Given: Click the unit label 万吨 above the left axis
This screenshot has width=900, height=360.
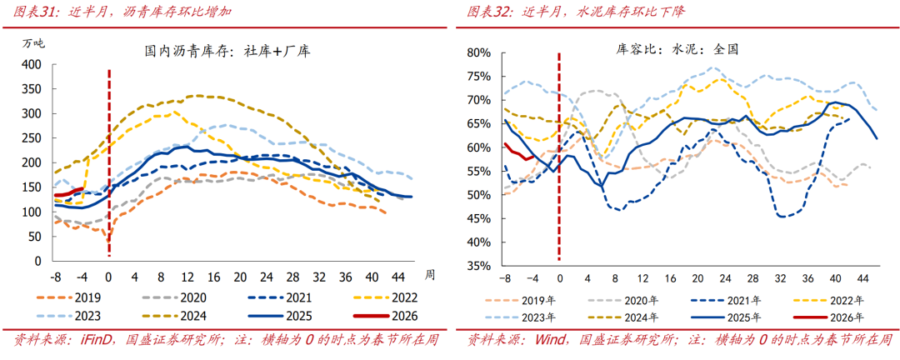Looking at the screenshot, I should (x=34, y=43).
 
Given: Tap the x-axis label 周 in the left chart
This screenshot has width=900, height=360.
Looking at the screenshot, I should (x=430, y=274).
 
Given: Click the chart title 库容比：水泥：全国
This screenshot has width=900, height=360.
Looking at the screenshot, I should (x=672, y=49).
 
